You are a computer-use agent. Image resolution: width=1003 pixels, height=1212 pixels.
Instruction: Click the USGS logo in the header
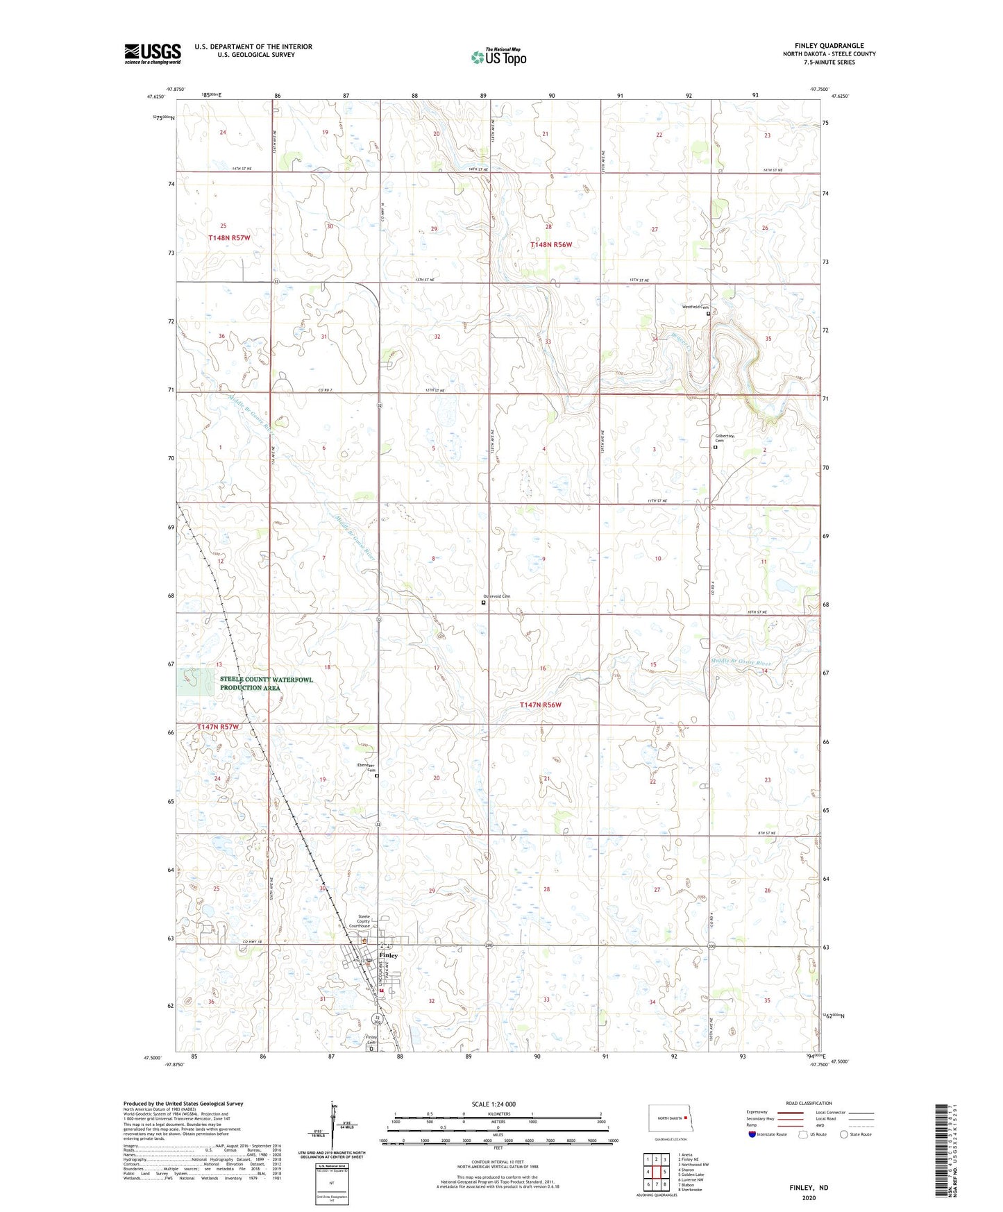(x=153, y=53)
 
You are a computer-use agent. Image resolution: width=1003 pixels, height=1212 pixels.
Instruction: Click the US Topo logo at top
(x=498, y=57)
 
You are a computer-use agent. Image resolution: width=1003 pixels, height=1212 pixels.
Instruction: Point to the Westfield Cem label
(x=695, y=307)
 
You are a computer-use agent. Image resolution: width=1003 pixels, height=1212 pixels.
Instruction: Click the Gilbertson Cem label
(x=724, y=438)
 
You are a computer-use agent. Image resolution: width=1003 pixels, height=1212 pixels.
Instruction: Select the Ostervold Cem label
(x=496, y=596)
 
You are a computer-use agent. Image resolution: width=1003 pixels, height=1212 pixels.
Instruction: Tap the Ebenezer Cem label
(x=366, y=768)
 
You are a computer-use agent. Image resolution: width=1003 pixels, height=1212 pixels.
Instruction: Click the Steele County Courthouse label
(x=360, y=921)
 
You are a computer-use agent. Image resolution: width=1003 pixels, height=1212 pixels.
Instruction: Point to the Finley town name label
(x=389, y=955)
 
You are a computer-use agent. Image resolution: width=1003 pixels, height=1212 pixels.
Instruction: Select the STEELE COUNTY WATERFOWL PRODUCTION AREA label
(x=266, y=684)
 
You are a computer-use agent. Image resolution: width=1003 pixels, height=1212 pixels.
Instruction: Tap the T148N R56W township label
(x=551, y=245)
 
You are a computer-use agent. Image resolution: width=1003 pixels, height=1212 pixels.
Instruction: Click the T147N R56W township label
(x=541, y=705)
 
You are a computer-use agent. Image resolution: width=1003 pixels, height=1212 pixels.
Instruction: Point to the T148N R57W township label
(x=229, y=237)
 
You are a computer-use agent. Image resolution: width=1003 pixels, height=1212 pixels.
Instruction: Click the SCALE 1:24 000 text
(x=494, y=1104)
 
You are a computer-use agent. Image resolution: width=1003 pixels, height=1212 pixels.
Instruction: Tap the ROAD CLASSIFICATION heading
(x=809, y=1103)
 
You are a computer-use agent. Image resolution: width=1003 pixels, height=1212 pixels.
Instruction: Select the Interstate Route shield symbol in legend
(x=752, y=1134)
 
